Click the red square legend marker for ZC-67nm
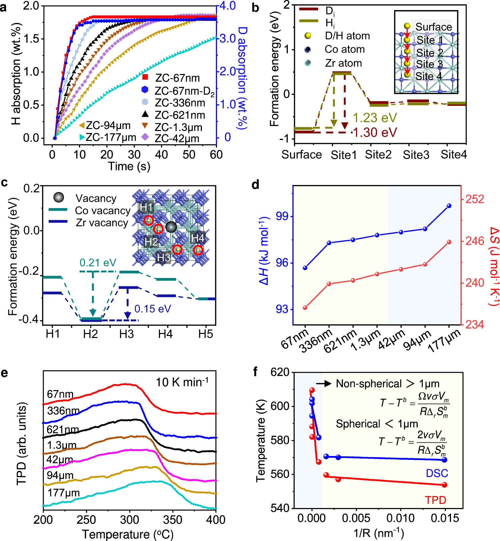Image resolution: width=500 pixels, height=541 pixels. click(x=145, y=77)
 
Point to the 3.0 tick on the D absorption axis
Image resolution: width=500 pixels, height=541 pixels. click(x=228, y=38)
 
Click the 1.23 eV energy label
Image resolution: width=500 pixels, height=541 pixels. click(x=375, y=118)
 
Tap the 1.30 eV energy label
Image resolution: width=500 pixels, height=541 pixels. click(x=375, y=132)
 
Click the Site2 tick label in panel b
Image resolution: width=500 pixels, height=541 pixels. click(x=378, y=155)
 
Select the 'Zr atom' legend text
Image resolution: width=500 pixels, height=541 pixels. click(x=343, y=63)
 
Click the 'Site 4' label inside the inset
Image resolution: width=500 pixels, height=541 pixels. click(x=429, y=76)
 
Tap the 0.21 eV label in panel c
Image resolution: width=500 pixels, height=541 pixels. click(x=98, y=263)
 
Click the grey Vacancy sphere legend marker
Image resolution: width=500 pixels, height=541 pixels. click(x=59, y=198)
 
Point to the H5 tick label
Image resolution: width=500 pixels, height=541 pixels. click(x=206, y=334)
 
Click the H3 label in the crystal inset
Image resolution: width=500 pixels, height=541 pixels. click(x=164, y=257)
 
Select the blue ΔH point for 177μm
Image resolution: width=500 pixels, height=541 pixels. click(x=449, y=206)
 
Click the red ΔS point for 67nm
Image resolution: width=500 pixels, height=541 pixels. click(x=305, y=307)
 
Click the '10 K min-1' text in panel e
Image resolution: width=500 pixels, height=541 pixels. click(x=182, y=382)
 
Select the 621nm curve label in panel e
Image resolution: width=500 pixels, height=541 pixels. click(x=63, y=429)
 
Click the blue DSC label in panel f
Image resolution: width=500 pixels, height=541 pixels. click(x=437, y=473)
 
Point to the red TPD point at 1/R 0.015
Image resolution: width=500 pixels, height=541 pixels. click(x=445, y=485)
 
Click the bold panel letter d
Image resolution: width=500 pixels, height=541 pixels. click(x=255, y=184)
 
